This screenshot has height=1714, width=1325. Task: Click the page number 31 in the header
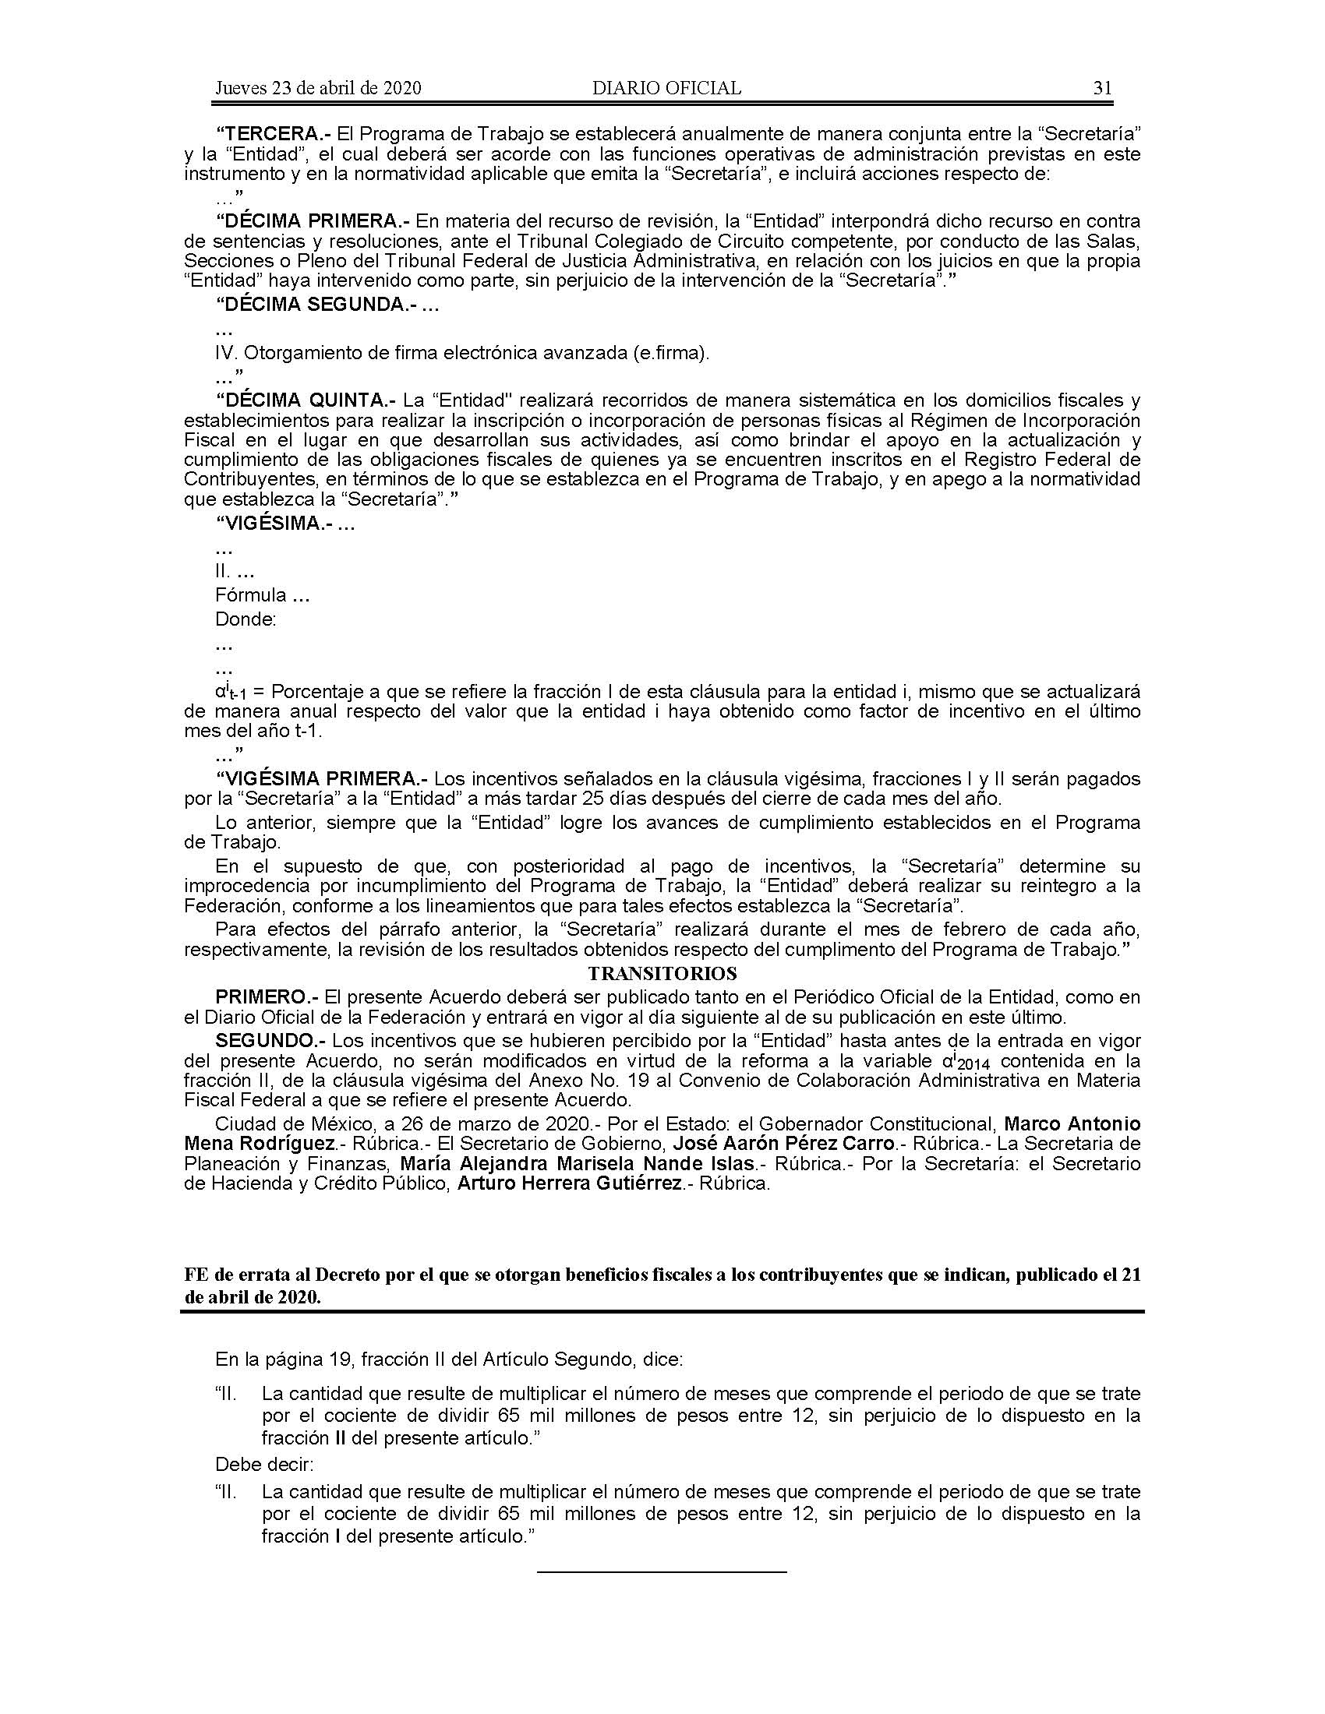1102,88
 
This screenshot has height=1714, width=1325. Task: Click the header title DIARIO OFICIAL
666,88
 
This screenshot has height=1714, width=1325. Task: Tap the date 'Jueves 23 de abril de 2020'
318,88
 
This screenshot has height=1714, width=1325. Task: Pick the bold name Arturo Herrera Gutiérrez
569,1183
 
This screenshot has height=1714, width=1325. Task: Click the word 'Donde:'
246,619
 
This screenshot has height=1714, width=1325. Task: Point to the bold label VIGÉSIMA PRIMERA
322,779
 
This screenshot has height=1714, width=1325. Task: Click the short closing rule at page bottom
662,1571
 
